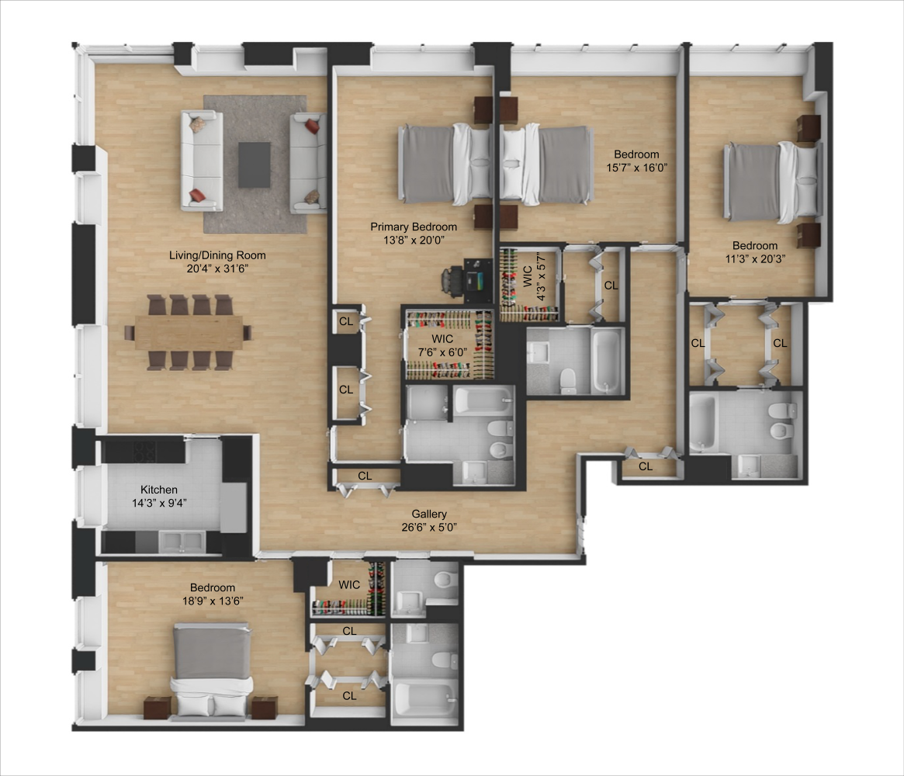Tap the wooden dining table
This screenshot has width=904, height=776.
(189, 332)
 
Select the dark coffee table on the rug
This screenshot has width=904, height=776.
(254, 165)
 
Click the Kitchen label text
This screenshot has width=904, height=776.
(159, 490)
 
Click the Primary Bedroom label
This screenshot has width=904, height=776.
(413, 227)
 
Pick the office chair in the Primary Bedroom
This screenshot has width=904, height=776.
(452, 279)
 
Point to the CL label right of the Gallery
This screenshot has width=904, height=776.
(646, 466)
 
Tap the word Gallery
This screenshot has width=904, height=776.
(429, 514)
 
